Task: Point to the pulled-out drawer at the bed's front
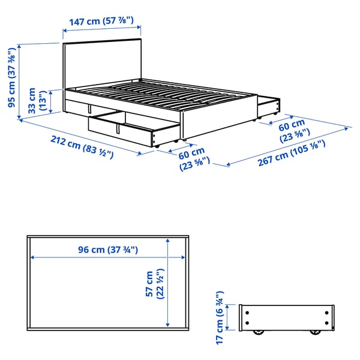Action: (x=135, y=129)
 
